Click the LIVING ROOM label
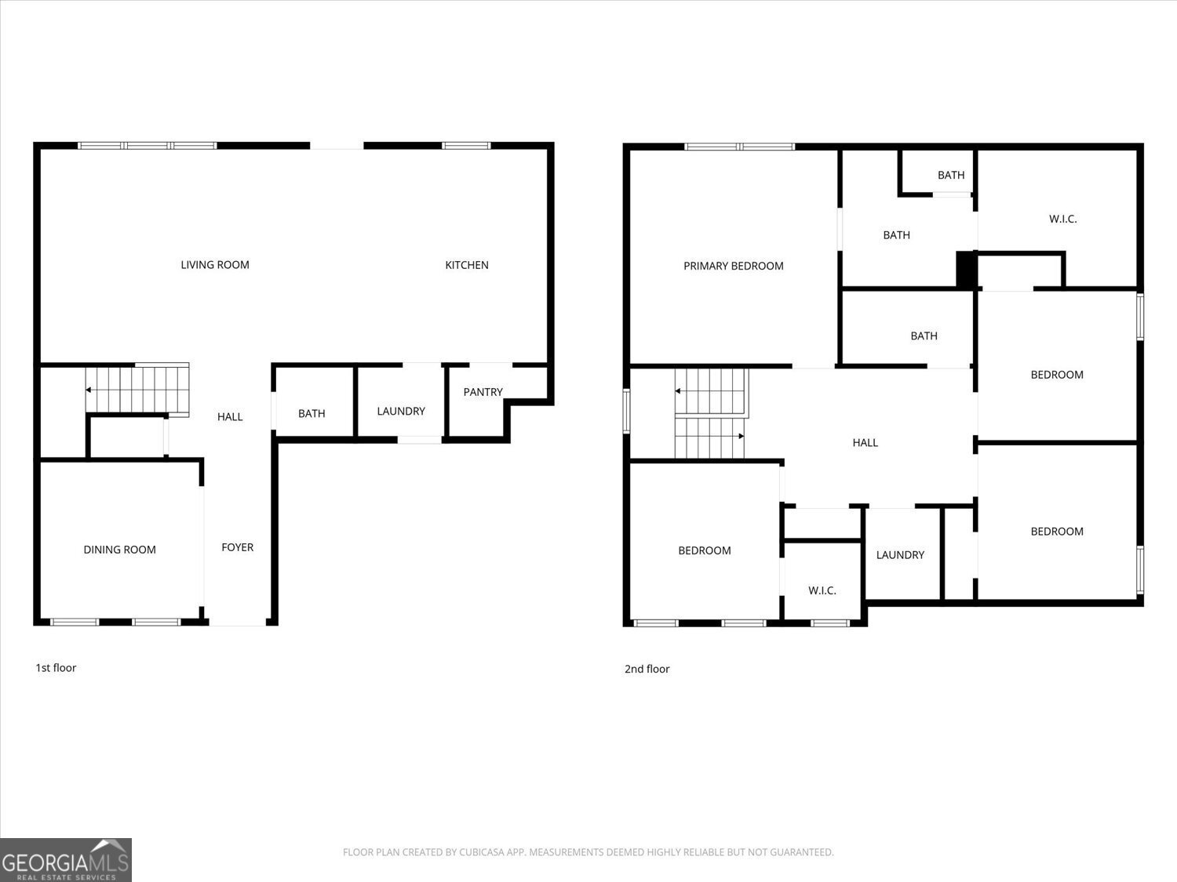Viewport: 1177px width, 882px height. click(x=215, y=265)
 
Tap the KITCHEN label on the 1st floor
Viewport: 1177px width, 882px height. click(x=467, y=265)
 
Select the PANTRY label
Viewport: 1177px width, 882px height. click(x=483, y=392)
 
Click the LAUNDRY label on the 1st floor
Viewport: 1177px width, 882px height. click(x=401, y=411)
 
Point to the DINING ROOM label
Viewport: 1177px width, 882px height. click(x=119, y=550)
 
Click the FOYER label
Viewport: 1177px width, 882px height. click(x=237, y=547)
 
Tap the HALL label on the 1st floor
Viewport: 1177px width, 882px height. click(x=230, y=416)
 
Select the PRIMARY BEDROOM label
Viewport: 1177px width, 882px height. click(x=733, y=266)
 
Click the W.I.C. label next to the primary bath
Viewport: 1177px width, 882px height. click(x=1062, y=219)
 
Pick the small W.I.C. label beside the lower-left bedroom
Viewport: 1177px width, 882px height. click(x=822, y=590)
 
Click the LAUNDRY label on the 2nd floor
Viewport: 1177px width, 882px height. click(x=900, y=555)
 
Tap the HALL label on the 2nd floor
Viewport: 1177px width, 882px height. click(x=865, y=443)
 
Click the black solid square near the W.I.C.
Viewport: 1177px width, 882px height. click(x=965, y=270)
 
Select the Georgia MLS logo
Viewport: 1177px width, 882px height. click(x=66, y=860)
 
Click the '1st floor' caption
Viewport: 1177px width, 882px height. click(x=56, y=668)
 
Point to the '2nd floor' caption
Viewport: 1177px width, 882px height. click(x=647, y=669)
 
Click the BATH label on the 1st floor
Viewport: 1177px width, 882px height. click(x=312, y=413)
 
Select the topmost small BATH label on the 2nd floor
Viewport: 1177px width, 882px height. click(x=950, y=175)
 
